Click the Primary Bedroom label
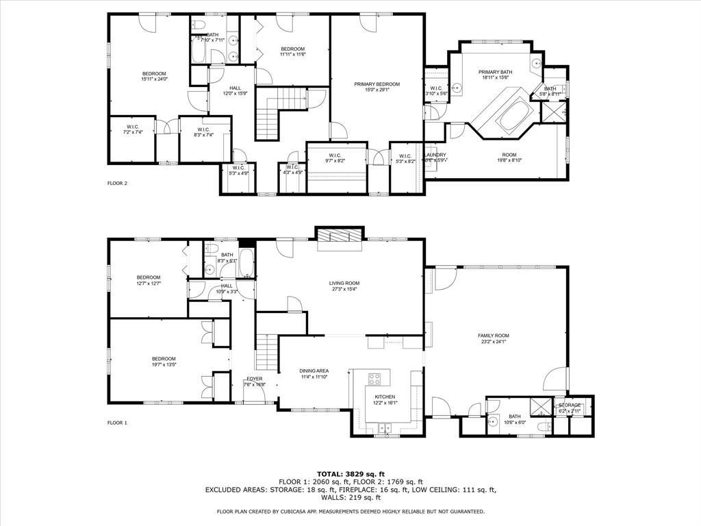(377, 84)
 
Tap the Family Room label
(493, 336)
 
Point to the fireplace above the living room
(339, 235)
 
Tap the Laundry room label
(435, 155)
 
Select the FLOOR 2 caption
(118, 184)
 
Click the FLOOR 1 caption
(118, 423)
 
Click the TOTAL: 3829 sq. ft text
(350, 474)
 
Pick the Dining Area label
(314, 371)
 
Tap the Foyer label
(255, 378)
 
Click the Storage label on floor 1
(570, 405)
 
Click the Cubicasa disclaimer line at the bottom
(350, 512)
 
